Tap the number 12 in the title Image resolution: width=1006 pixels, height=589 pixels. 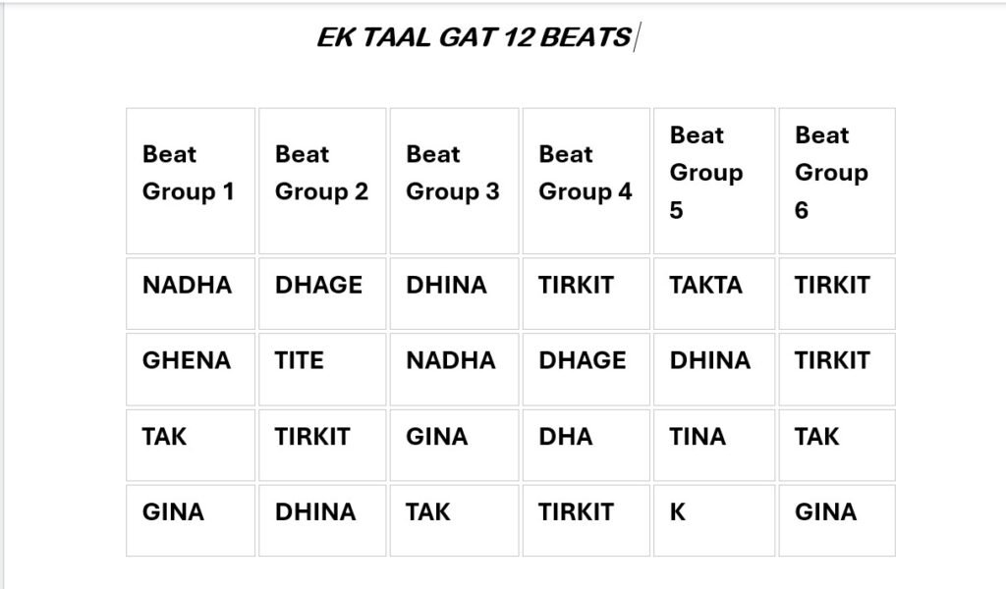point(517,37)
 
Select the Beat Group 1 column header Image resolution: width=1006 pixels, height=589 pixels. point(188,173)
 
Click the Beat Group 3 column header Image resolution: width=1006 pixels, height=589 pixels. point(452,173)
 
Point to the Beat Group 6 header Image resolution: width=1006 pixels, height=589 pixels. point(831,173)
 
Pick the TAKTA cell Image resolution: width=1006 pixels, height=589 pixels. point(705,286)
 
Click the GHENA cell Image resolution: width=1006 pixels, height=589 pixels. point(186,360)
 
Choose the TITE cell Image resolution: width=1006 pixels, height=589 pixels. point(299,360)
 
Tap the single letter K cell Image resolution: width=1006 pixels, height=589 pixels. point(678,512)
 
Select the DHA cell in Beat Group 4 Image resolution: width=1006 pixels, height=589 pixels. point(565,437)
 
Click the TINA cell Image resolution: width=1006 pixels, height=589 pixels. point(698,437)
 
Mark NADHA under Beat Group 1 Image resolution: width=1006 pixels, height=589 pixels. point(187,286)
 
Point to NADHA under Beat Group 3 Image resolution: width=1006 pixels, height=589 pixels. point(450,360)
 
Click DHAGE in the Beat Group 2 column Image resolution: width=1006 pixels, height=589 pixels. point(318,286)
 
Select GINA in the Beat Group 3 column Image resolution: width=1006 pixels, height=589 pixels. point(436,437)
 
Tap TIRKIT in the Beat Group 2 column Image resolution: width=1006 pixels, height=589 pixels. point(312,437)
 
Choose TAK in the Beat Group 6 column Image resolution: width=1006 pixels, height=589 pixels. point(816,437)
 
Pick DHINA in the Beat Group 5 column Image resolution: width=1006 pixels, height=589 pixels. point(709,360)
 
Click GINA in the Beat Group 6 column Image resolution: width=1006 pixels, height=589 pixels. point(825,512)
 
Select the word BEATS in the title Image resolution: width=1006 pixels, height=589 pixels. point(586,37)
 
